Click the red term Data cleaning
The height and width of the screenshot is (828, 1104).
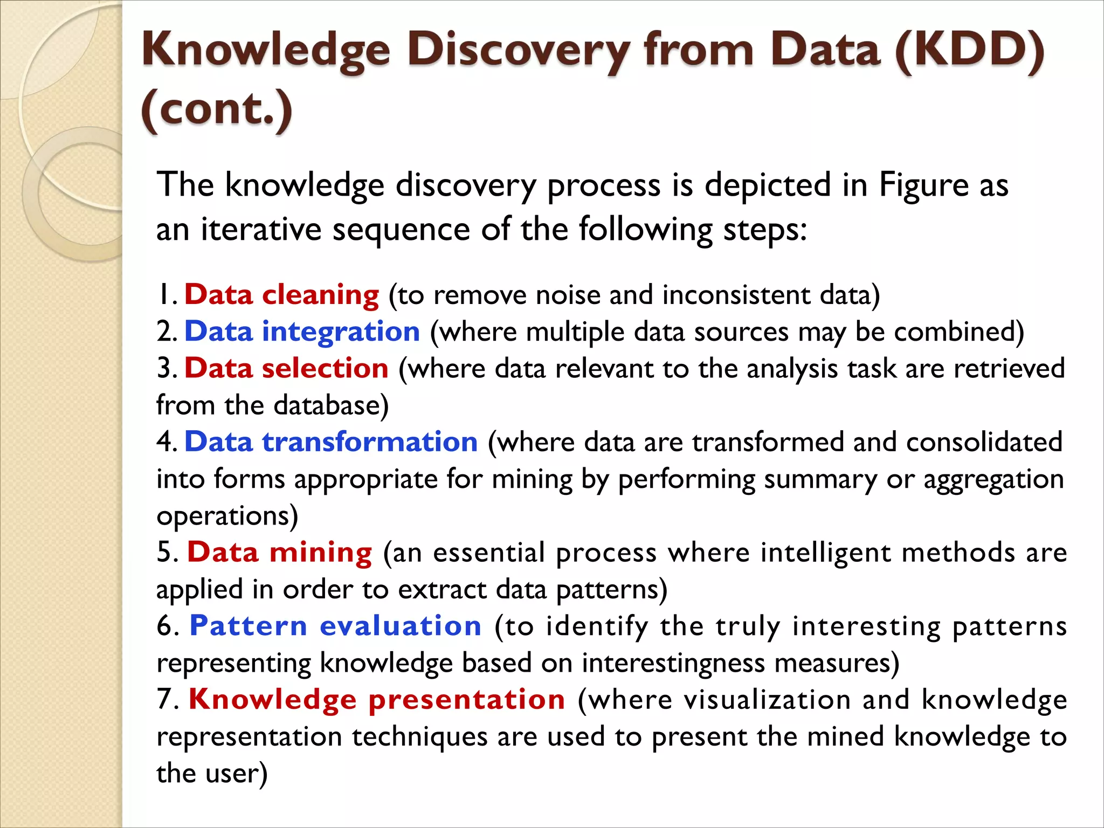point(282,295)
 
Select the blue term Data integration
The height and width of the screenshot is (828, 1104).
point(302,332)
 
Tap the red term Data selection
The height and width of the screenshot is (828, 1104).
point(286,368)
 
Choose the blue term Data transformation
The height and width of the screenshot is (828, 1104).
point(331,442)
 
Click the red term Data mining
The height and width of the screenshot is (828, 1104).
point(279,553)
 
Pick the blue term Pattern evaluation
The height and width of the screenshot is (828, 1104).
point(335,626)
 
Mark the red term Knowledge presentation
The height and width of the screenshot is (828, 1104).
point(377,700)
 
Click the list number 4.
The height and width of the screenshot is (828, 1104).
point(165,442)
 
